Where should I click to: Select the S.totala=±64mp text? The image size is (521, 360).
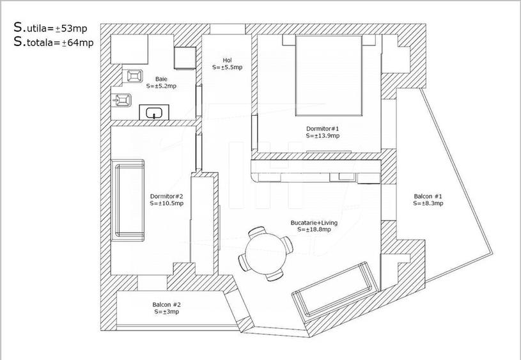point(54,42)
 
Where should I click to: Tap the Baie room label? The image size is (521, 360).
point(161,79)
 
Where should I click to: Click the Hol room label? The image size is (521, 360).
point(227,60)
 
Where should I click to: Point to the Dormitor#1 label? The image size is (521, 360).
point(322,129)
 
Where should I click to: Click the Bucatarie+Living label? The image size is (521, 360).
point(314,223)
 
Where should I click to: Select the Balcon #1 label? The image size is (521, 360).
point(428,196)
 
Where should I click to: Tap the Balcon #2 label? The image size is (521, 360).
point(166,305)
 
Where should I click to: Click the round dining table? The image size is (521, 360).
point(265,253)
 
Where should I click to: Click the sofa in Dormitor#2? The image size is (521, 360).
point(129,200)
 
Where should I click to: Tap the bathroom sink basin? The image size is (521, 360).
point(153,114)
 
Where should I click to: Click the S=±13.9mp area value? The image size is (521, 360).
point(322,136)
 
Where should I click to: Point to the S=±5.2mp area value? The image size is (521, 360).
point(161,86)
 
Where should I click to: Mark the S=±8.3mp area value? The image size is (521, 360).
point(428,203)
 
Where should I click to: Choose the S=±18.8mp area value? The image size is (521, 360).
point(314,230)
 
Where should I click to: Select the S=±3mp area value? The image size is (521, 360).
point(166,312)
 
